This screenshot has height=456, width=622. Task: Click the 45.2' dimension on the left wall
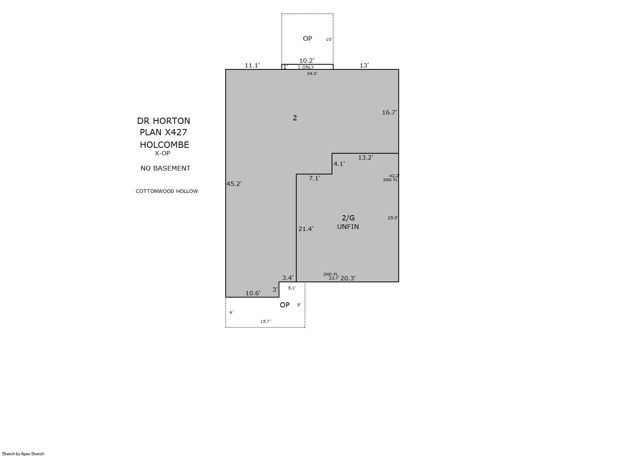234,183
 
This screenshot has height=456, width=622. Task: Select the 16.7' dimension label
389,113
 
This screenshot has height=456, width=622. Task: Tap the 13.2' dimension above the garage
365,158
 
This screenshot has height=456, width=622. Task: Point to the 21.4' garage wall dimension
306,229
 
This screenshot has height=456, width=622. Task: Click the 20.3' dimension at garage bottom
348,278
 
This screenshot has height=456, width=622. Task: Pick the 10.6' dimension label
253,293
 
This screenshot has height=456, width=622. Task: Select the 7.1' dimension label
314,178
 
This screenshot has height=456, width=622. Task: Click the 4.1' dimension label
339,164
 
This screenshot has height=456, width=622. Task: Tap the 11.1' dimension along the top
252,65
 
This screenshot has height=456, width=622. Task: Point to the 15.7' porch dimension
265,321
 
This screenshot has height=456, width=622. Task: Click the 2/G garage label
348,218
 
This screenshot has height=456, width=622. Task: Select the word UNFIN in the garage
348,227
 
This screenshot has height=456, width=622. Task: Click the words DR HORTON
164,121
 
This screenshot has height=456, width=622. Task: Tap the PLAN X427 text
163,132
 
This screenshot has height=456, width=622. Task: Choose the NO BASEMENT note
166,168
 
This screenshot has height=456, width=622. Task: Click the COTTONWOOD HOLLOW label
167,191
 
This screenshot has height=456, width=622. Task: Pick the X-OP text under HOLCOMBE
162,153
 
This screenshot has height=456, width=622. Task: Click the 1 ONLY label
306,67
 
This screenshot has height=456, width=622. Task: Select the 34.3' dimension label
312,73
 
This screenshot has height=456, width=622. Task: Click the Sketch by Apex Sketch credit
23,454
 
